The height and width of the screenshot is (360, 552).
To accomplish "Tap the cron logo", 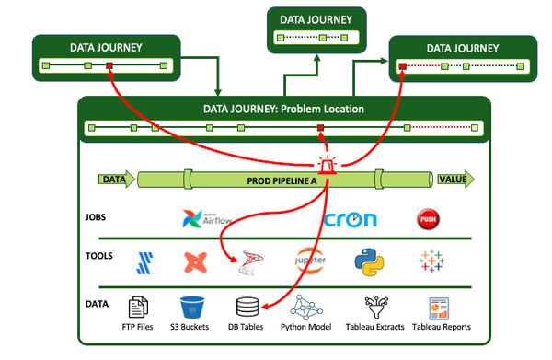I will pos(351,220).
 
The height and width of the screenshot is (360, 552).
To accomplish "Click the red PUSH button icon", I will pos(426,218).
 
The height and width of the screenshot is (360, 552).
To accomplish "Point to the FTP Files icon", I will pos(138,307).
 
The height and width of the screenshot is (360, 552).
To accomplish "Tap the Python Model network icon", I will pos(305,307).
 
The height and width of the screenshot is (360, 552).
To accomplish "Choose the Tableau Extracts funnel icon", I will pos(374,307).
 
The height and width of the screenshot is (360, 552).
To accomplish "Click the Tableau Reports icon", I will pos(436,307).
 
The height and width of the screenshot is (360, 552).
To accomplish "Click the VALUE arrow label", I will pos(453,180).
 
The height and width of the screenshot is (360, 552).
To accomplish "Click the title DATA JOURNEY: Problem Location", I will pos(282,109).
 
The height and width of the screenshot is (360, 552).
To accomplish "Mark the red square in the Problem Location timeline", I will pos(320,128).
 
